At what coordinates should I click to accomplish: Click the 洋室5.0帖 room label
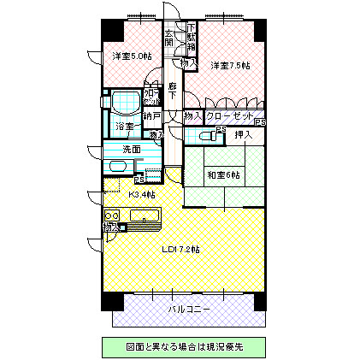pyautogui.click(x=131, y=56)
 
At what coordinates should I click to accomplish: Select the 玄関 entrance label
pyautogui.click(x=170, y=38)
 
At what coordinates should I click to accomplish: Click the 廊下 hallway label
pyautogui.click(x=173, y=90)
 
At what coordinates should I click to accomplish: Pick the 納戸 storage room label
pyautogui.click(x=151, y=115)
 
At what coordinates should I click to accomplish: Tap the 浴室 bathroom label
pyautogui.click(x=125, y=127)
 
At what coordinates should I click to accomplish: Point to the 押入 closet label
pyautogui.click(x=244, y=134)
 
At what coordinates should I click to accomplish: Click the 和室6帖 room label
pyautogui.click(x=223, y=174)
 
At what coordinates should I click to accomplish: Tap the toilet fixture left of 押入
pyautogui.click(x=206, y=135)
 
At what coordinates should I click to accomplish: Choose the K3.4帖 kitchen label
pyautogui.click(x=141, y=194)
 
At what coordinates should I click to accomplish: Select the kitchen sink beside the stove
pyautogui.click(x=146, y=216)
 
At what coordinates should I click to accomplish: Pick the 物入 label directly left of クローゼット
pyautogui.click(x=192, y=115)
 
